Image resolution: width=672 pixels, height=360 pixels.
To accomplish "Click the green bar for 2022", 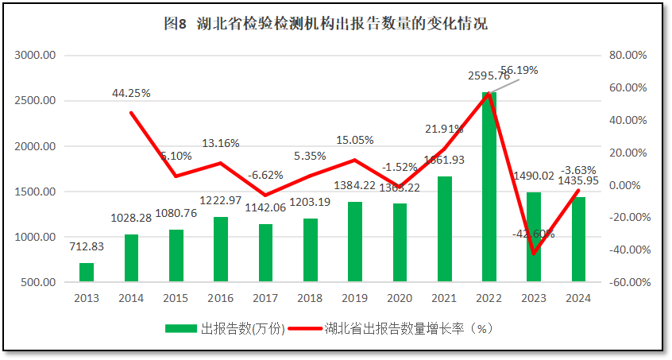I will point(489,187).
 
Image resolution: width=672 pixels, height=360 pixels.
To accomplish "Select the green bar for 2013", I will point(86,272).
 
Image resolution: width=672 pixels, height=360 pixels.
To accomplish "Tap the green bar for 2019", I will point(354,242).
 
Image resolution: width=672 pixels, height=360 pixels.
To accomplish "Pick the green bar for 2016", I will point(220,249).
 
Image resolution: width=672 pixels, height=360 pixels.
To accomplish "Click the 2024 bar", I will point(578,239).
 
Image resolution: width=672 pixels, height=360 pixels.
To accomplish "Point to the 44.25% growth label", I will point(131,93).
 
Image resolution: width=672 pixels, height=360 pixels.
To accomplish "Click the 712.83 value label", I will point(86,246).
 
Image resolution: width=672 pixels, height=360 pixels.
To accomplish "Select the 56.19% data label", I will point(519,70).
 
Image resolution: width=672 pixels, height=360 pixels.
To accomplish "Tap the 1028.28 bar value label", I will point(131,217).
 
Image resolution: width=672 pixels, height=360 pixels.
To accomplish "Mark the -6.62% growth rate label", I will point(265,175).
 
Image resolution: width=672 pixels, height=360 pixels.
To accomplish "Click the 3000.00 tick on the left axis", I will point(35,56).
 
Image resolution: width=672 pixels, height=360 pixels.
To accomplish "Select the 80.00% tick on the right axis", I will point(628,56).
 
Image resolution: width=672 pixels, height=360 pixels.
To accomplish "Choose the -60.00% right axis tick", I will point(628,282).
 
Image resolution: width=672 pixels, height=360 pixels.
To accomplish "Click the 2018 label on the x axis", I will point(310,298).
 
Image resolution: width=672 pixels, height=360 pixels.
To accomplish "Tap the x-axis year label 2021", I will point(444,298).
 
